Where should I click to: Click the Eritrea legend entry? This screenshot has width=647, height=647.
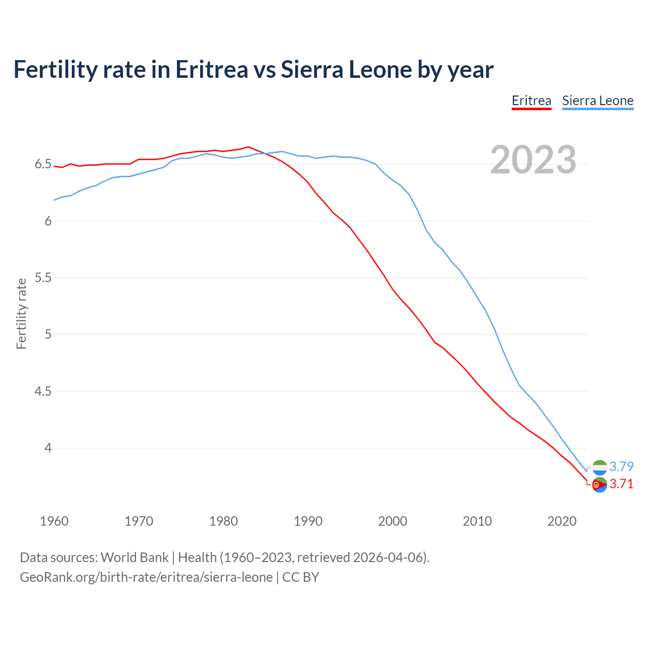tap(531, 101)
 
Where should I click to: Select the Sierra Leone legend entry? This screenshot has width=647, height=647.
tap(597, 101)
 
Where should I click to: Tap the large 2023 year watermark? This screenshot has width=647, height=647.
tap(533, 160)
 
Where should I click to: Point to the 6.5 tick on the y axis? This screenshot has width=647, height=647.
tap(43, 164)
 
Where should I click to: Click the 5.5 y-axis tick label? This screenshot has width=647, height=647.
tap(43, 278)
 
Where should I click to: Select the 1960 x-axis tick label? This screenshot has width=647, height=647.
tap(54, 521)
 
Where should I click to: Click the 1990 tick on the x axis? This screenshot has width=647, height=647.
tap(308, 521)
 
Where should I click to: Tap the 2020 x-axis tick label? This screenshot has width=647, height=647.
tap(562, 521)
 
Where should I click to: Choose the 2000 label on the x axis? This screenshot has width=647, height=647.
tap(392, 521)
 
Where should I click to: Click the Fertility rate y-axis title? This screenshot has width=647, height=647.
tap(21, 313)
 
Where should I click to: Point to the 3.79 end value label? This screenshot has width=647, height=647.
tap(621, 467)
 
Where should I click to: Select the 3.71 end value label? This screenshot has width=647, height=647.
tap(621, 484)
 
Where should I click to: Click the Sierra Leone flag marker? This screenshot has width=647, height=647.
tap(599, 468)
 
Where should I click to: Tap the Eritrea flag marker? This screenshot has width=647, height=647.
tap(599, 485)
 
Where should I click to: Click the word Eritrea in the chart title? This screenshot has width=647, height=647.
tap(211, 69)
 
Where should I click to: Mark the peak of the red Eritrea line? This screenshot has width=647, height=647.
tap(248, 147)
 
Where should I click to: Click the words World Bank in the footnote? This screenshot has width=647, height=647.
tap(134, 558)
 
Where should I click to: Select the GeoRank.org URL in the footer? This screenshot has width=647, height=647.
tap(146, 577)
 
